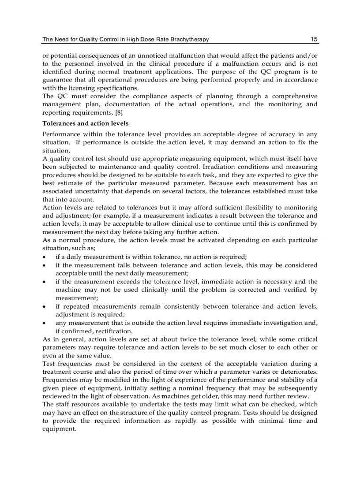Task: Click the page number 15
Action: pyautogui.click(x=314, y=39)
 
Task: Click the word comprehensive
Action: pyautogui.click(x=294, y=96)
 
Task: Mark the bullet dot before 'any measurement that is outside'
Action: pyautogui.click(x=44, y=323)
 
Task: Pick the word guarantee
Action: pyautogui.click(x=57, y=80)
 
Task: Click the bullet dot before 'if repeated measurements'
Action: pyautogui.click(x=44, y=307)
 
